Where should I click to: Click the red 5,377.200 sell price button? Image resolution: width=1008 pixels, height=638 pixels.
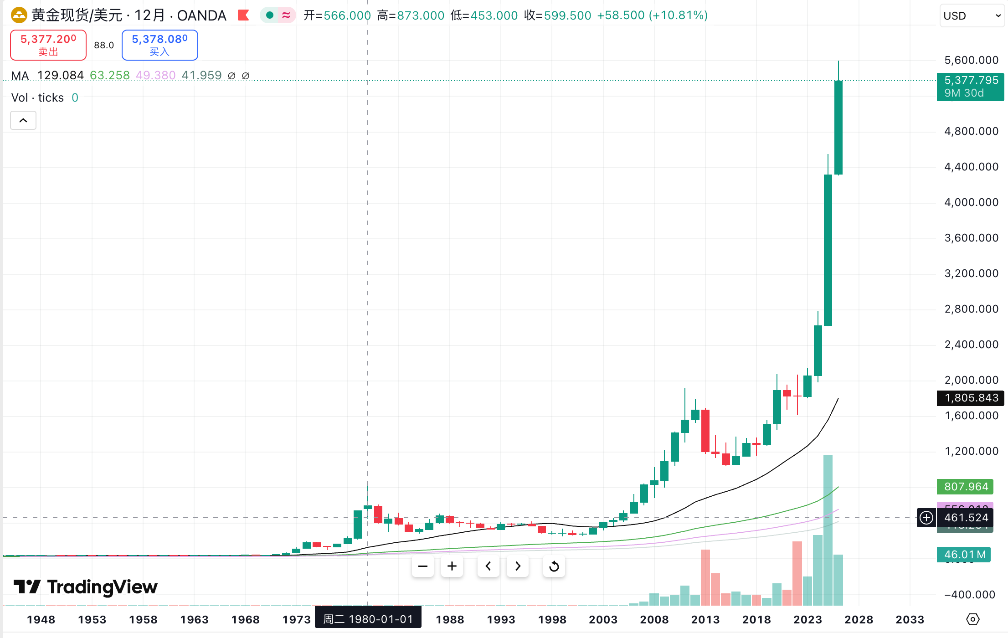coord(48,45)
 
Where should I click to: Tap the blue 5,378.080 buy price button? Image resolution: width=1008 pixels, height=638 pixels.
coord(159,45)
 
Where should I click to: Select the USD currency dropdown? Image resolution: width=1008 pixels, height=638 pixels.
coord(971,16)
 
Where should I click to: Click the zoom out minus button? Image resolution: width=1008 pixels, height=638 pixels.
coord(423,566)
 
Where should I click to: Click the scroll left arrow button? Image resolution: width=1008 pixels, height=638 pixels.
coord(488,566)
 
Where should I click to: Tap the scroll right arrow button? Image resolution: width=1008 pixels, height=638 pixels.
coord(518,566)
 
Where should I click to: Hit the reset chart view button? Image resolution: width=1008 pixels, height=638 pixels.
coord(554,566)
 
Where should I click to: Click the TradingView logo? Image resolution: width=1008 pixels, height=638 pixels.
coord(86,587)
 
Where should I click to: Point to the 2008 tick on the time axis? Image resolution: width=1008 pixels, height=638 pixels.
coord(654,620)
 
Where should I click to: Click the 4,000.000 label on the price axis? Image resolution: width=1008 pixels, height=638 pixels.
coord(971,202)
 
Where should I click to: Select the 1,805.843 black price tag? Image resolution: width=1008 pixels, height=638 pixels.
coord(971,398)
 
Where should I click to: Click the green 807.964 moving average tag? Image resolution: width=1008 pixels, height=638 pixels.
coord(966,487)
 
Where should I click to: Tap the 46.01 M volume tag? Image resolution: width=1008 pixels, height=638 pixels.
coord(964,555)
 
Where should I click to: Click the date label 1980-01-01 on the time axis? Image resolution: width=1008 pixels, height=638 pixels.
coord(368,619)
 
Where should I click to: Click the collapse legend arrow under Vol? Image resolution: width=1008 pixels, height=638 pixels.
coord(23,120)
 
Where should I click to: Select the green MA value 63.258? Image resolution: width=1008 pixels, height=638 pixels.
coord(110,75)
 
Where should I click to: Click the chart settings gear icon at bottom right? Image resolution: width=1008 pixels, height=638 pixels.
coord(972,619)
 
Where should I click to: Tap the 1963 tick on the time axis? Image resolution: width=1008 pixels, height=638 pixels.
coord(194,620)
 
